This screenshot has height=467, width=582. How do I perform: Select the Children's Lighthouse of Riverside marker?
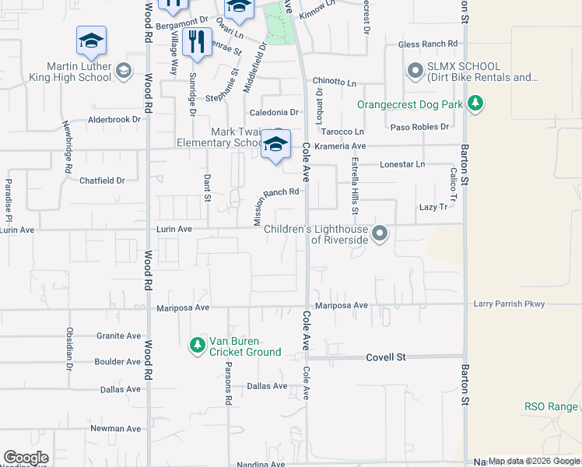(379, 233)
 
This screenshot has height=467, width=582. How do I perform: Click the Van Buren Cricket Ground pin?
(198, 343)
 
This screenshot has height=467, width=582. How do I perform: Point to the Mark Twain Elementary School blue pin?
(275, 144)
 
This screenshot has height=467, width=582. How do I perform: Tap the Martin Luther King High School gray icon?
(122, 72)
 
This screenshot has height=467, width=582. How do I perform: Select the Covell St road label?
(387, 357)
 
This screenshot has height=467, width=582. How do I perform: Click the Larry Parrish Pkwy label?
(509, 304)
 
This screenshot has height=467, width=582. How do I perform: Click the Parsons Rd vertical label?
(229, 383)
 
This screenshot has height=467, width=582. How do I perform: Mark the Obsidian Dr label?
(70, 348)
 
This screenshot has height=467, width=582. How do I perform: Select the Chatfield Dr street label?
(102, 181)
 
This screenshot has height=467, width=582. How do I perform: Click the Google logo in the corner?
(26, 458)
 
